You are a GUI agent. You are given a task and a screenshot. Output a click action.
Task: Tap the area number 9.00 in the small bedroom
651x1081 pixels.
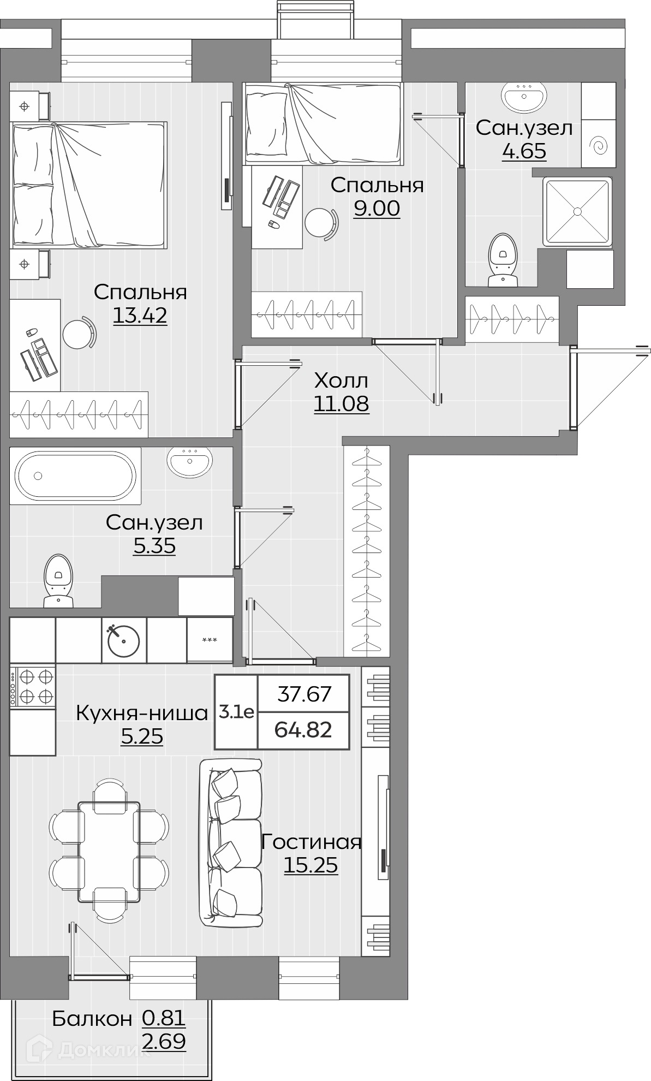tap(377, 208)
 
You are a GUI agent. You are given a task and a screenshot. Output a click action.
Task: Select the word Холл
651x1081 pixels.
tap(342, 380)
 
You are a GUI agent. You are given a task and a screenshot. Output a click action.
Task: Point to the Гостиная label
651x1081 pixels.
tap(311, 842)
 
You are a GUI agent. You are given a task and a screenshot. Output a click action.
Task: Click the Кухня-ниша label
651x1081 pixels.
tap(142, 713)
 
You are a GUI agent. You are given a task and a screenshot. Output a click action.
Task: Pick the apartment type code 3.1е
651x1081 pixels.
tap(236, 712)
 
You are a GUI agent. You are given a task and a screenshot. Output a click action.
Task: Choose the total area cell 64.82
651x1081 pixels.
tap(303, 729)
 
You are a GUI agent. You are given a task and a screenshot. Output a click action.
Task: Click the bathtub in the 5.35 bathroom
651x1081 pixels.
tap(75, 475)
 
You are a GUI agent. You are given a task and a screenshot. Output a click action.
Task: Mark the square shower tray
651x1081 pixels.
tap(577, 211)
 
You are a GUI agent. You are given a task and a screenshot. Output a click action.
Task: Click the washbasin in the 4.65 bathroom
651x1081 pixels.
tap(524, 97)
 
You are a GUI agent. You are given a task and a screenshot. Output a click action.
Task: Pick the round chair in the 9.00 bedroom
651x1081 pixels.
tap(321, 222)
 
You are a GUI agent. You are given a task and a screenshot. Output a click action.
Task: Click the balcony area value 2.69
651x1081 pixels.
tap(164, 1042)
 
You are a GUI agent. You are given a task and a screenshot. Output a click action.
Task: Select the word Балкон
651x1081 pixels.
tap(92, 1019)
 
